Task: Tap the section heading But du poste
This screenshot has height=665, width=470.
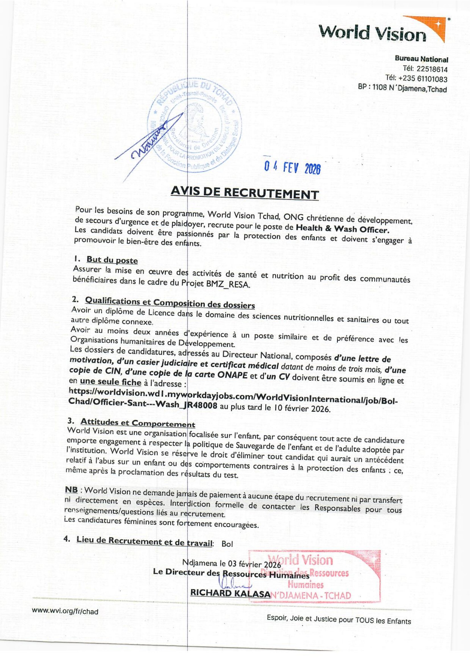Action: pyautogui.click(x=112, y=260)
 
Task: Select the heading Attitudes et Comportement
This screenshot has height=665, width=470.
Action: pyautogui.click(x=138, y=423)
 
